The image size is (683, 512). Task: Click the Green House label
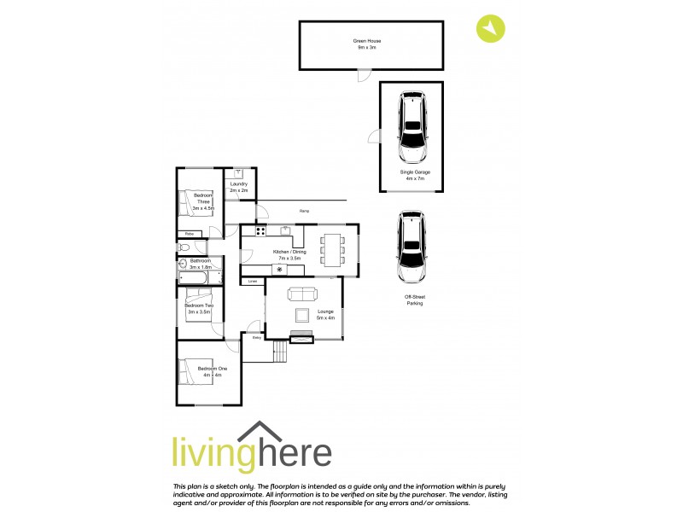click(365, 44)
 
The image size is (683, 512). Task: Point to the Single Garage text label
click(414, 175)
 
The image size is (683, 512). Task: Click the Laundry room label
click(239, 187)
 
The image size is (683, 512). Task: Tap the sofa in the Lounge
click(302, 295)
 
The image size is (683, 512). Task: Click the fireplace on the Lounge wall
click(302, 339)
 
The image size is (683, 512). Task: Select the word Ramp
click(304, 211)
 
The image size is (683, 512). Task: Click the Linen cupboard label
click(253, 281)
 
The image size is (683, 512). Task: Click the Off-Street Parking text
click(414, 300)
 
